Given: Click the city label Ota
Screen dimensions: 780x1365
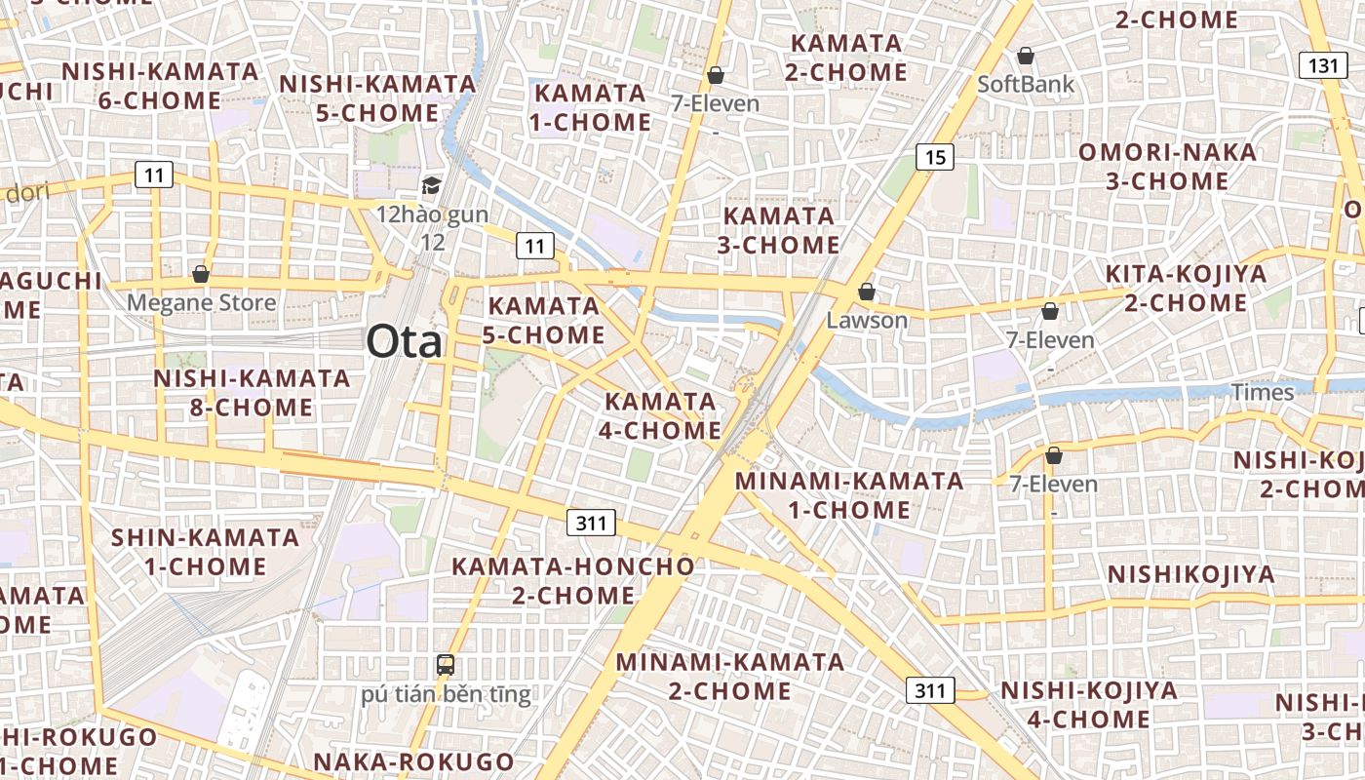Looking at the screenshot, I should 404,342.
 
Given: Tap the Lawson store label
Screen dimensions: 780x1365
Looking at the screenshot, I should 867,320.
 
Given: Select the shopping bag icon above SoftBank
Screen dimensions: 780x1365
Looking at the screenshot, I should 1025,56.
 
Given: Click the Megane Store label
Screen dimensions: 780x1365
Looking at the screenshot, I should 202,303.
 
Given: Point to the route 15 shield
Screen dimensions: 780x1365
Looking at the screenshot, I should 935,156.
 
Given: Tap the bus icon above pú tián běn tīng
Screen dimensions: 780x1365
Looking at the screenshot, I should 446,666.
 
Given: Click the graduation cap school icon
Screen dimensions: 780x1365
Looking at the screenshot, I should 431,185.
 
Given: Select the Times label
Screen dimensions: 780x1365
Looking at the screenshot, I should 1263,392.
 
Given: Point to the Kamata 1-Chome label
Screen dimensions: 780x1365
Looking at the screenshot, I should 590,107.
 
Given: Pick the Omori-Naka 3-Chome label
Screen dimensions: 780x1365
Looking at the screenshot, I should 1167,167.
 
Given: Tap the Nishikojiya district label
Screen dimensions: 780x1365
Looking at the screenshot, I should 1190,574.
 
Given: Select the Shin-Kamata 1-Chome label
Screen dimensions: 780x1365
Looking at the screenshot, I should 205,552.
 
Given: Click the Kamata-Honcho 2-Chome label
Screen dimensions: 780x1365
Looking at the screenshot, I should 573,580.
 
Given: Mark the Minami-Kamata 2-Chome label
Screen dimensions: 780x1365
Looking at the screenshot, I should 730,676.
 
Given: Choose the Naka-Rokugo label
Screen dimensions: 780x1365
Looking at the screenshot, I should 413,761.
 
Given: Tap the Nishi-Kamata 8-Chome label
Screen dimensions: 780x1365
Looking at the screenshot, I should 252,392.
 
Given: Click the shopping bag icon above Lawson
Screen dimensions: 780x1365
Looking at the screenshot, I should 866,292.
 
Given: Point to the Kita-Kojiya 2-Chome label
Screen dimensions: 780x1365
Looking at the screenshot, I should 1186,288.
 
